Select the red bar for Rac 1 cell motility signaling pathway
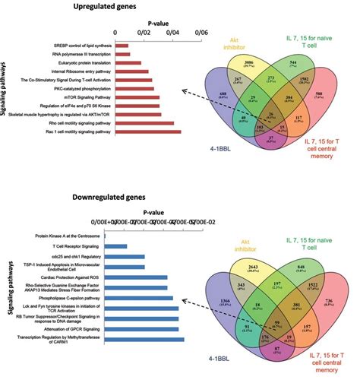[147, 132]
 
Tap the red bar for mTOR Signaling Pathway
[137, 97]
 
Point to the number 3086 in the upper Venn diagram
[247, 59]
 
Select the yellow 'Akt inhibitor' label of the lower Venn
[230, 221]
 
